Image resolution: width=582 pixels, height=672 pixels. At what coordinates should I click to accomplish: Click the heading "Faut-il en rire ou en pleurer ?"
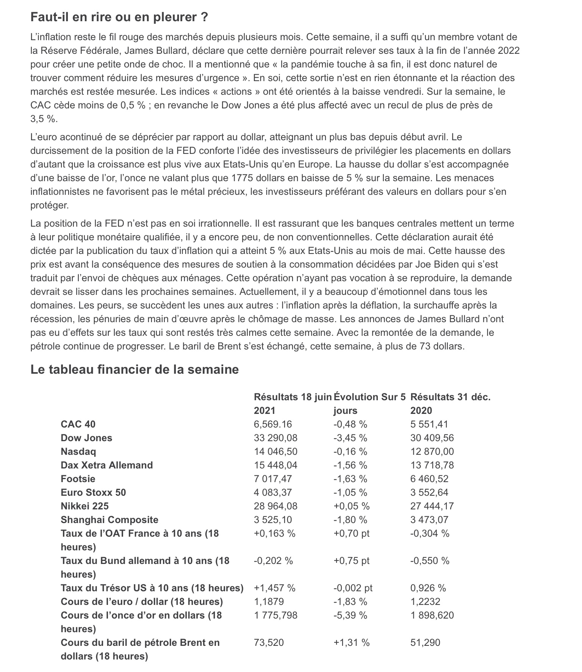(x=119, y=17)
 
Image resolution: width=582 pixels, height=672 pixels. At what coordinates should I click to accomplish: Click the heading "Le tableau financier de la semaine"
(x=135, y=369)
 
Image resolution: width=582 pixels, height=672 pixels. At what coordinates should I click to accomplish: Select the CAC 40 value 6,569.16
(x=273, y=424)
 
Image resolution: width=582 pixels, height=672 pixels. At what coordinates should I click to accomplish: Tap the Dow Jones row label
(x=86, y=438)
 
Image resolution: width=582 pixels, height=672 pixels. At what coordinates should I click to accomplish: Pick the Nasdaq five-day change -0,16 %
(x=350, y=451)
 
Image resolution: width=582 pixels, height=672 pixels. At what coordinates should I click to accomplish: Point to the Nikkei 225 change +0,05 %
(x=351, y=506)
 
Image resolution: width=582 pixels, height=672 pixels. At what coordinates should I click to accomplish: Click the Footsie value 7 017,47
(x=273, y=479)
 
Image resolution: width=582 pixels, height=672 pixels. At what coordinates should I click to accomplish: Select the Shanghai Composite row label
(x=110, y=520)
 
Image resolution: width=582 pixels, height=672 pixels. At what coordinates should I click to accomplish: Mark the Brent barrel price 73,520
(x=269, y=642)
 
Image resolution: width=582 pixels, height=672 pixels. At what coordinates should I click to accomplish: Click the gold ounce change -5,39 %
(x=350, y=615)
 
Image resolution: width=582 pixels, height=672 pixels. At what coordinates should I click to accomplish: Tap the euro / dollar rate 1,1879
(x=269, y=602)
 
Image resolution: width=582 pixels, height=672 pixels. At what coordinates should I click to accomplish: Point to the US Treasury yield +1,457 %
(x=274, y=588)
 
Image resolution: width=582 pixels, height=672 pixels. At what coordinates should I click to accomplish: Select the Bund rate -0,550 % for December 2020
(x=430, y=561)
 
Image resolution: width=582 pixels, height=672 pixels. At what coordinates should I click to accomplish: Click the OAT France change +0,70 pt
(x=351, y=533)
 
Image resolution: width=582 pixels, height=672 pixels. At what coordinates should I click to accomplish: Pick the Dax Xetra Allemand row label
(x=106, y=465)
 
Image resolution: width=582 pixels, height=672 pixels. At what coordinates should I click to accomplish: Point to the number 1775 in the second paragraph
(x=242, y=178)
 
